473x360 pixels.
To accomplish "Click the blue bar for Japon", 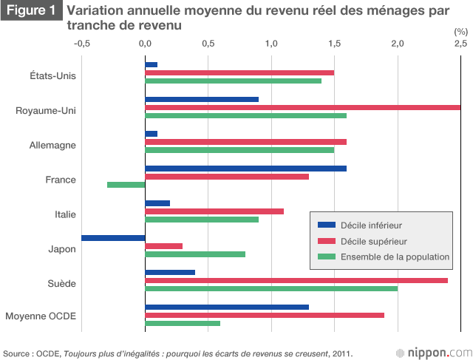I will tap(113, 238).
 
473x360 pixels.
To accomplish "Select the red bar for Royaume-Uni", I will tap(302, 107).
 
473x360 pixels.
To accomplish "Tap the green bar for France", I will tap(126, 185).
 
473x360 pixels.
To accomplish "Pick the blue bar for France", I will tap(245, 168).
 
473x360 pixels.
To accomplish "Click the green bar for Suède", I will tap(271, 288).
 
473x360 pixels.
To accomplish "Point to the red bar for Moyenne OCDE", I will tap(265, 315).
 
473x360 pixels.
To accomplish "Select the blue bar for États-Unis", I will tap(152, 64).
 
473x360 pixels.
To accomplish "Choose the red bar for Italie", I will tap(214, 211).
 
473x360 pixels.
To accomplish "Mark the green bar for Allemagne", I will tap(239, 150).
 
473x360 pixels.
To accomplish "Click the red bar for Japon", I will tap(164, 246).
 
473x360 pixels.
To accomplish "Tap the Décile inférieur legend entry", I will tap(370, 225).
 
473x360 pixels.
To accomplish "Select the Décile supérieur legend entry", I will tap(372, 241).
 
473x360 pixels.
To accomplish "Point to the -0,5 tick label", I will tap(82, 44).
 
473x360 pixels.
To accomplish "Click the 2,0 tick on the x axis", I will tap(398, 44).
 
